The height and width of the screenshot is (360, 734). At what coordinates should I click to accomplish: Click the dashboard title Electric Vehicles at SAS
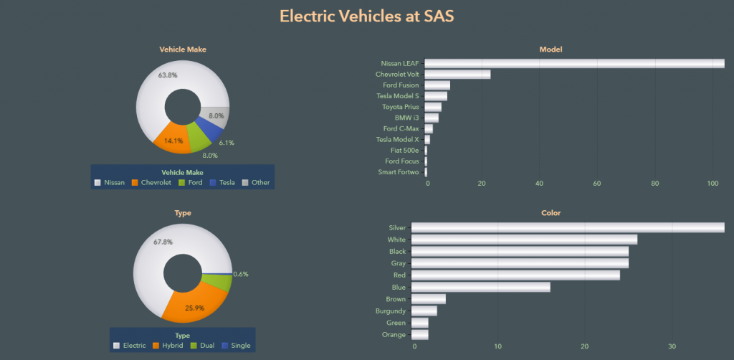coord(366,16)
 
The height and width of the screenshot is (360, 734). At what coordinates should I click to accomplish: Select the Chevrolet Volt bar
coord(459,74)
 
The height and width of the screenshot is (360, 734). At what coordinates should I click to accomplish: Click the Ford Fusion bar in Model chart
coord(438,85)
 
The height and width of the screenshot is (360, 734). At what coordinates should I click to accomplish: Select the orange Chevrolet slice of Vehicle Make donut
coord(172,136)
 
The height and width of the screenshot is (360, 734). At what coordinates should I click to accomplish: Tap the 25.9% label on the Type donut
coord(195,308)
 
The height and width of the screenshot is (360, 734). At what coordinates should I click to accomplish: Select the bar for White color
coord(524,240)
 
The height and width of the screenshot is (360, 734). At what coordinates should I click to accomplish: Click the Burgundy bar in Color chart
coord(424,311)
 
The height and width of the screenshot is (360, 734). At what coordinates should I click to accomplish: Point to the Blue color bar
coord(480,287)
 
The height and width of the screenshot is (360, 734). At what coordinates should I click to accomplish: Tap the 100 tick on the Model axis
coord(712,184)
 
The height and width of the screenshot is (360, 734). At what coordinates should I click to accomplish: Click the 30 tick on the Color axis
coord(672,346)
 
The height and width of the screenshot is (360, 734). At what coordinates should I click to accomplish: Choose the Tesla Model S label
coord(397,96)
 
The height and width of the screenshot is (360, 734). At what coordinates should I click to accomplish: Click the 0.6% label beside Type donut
coord(241,274)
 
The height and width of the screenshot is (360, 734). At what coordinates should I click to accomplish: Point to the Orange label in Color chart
coord(394,335)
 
